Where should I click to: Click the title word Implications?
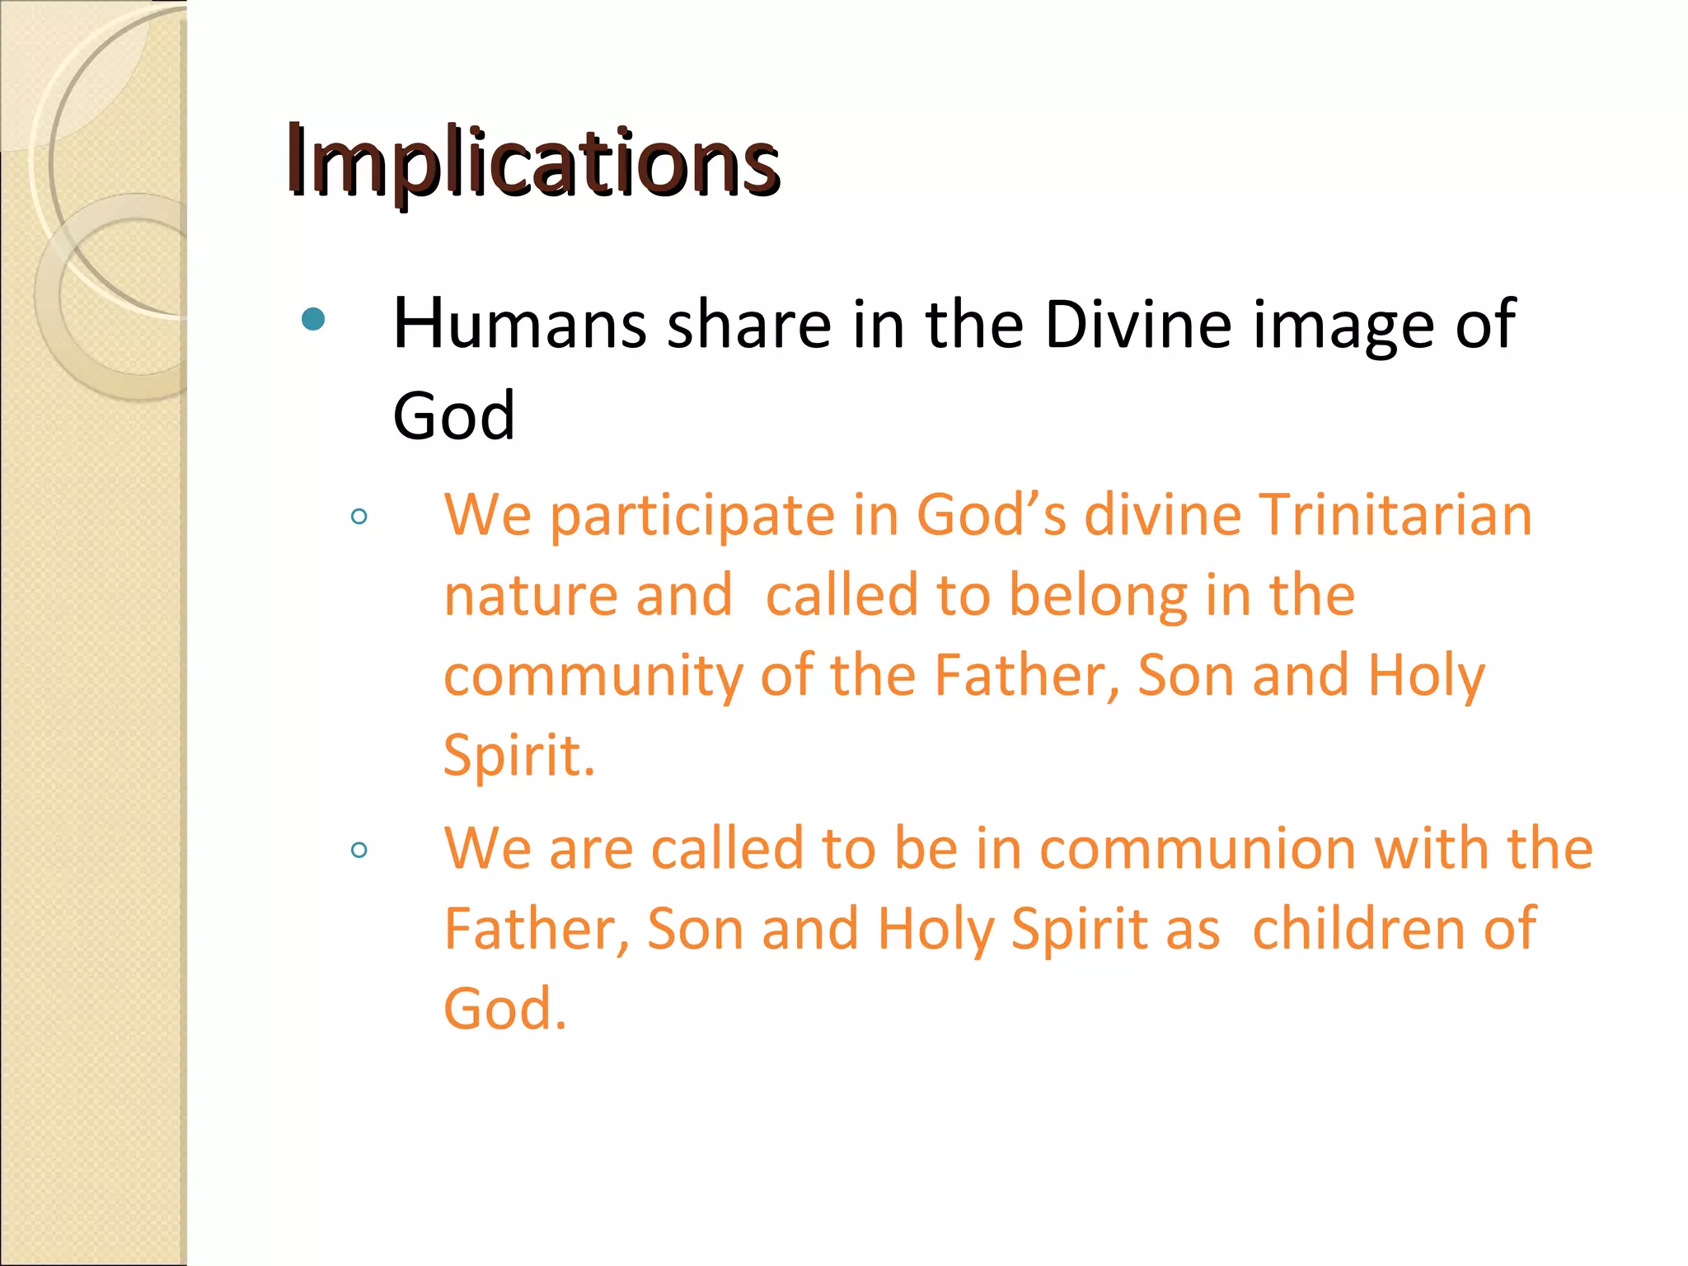532,161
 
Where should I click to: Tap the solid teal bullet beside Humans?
313,319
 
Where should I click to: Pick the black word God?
453,415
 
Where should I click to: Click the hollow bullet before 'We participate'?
359,518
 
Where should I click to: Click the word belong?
1099,596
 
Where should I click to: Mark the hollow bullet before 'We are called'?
359,850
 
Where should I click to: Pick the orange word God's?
991,515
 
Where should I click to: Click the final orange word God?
504,1009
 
